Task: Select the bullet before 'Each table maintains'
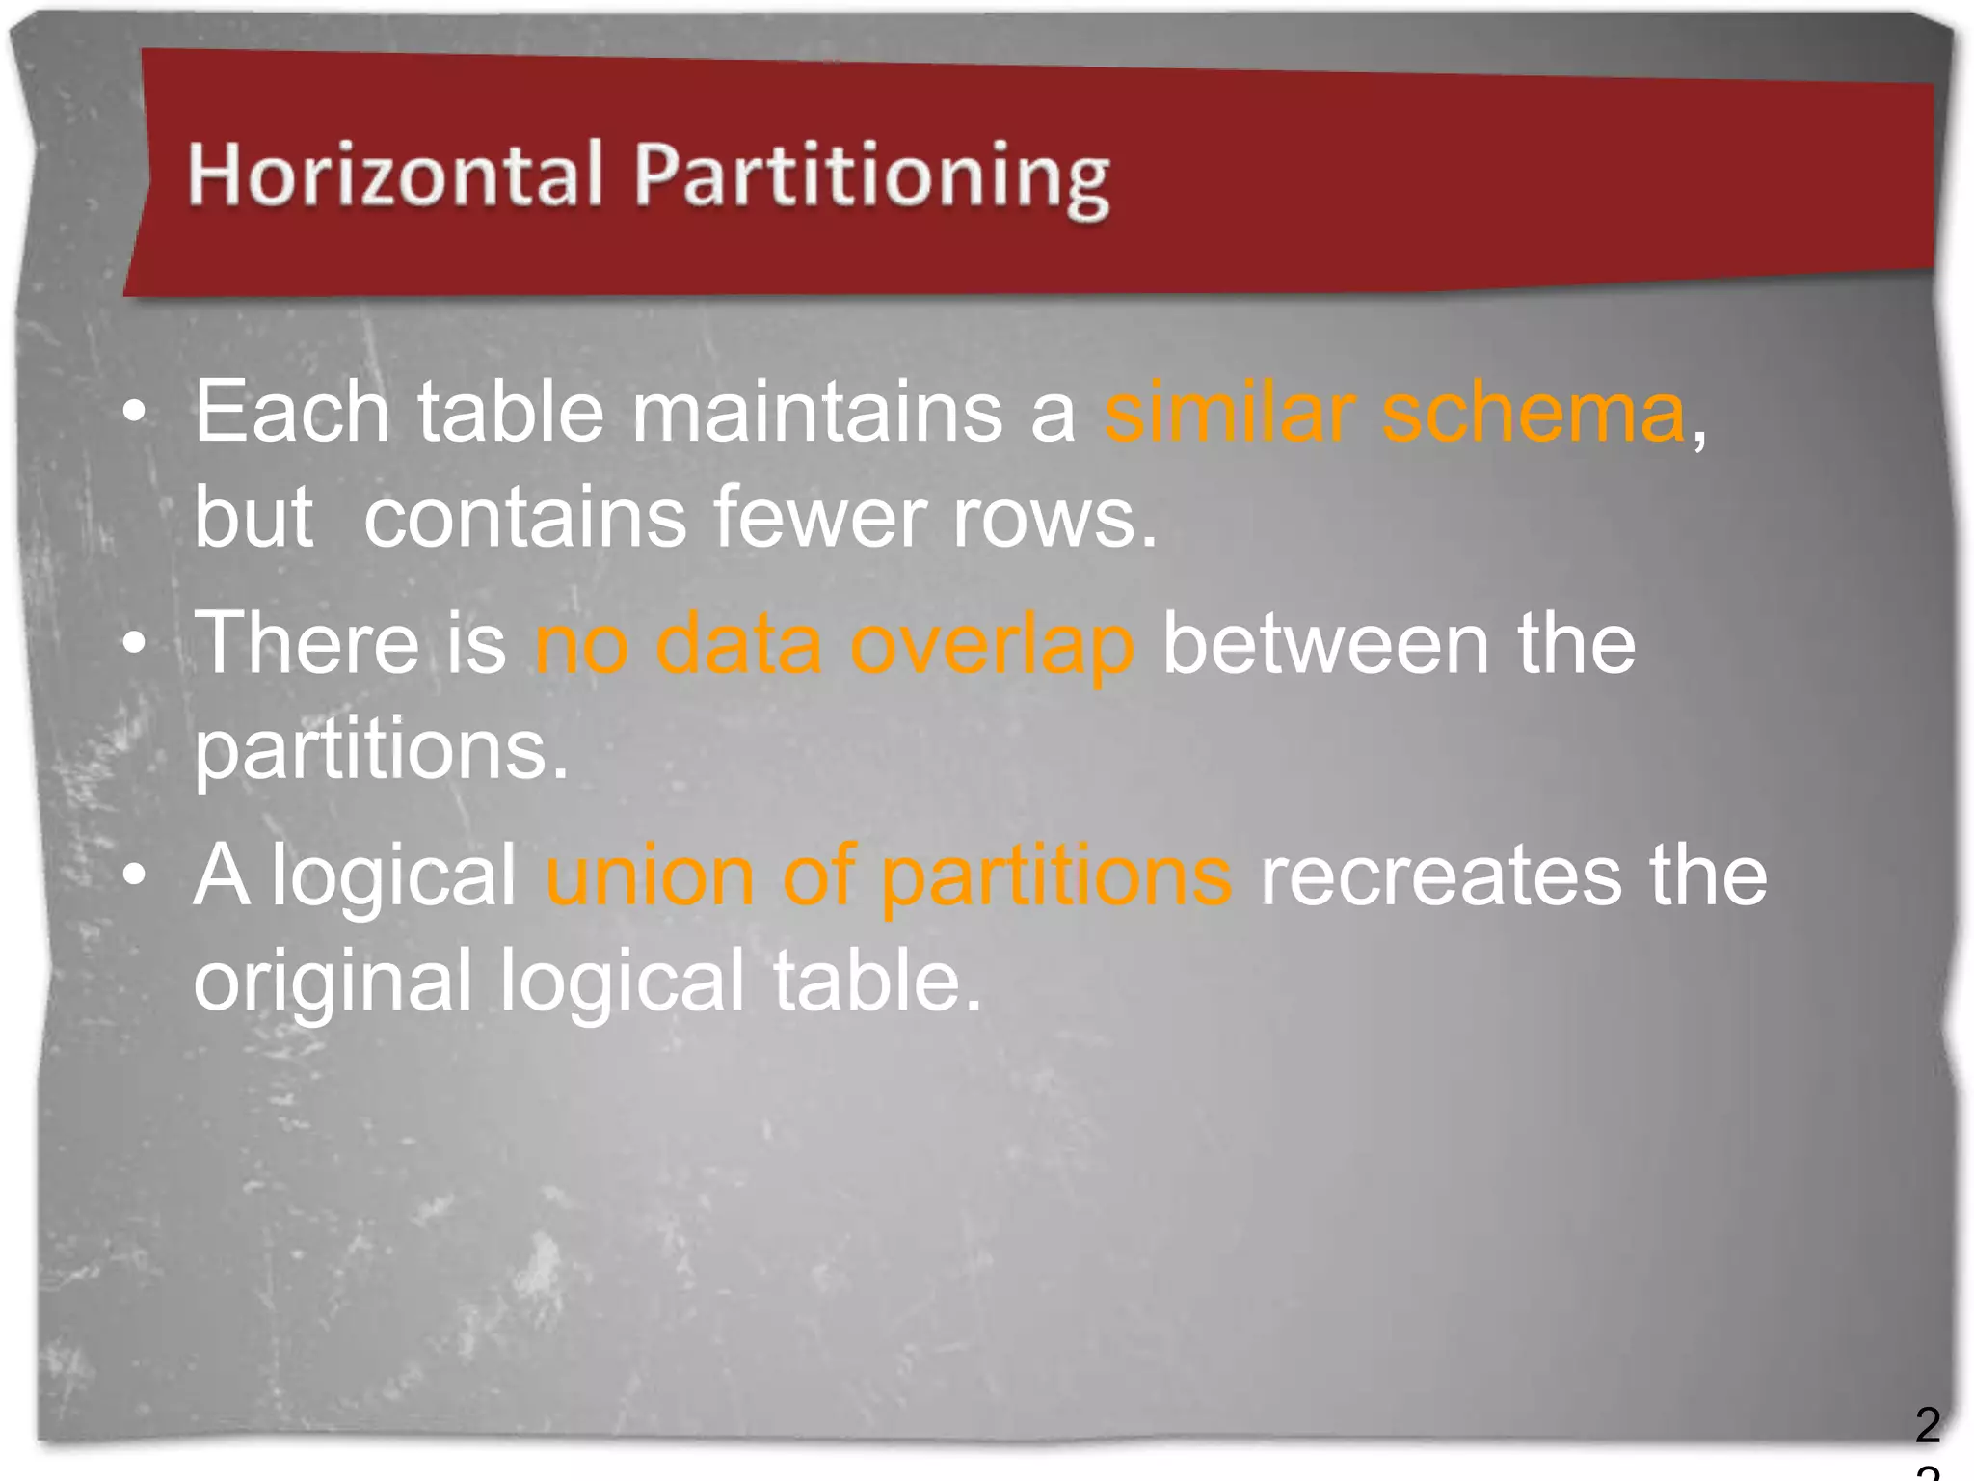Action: [x=135, y=413]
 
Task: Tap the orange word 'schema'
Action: [x=1534, y=413]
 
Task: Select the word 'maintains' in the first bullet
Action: [x=816, y=413]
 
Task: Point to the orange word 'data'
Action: [x=738, y=644]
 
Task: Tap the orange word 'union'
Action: [x=650, y=875]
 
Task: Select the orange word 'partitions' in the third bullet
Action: [x=1056, y=875]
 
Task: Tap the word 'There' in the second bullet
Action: [x=307, y=644]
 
